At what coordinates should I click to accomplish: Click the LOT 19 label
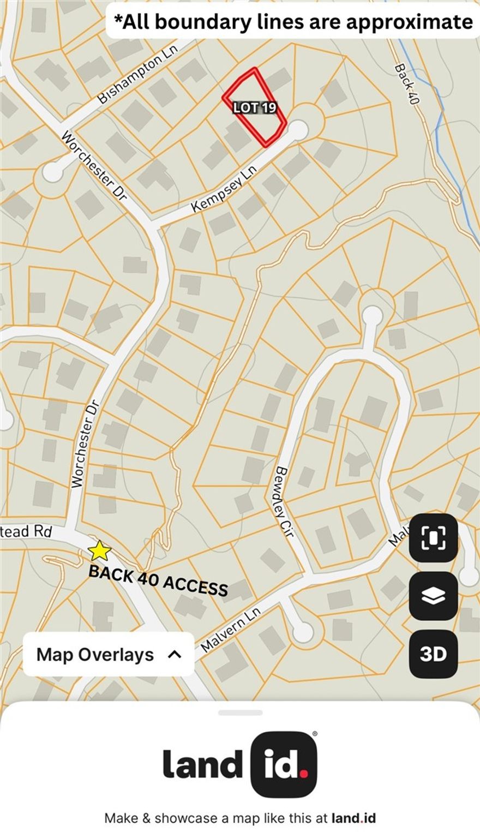click(x=255, y=108)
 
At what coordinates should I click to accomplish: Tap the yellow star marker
click(x=99, y=551)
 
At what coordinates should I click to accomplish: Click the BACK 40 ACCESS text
click(x=158, y=580)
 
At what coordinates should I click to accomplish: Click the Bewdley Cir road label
click(x=285, y=501)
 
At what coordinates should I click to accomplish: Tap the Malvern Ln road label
click(x=231, y=630)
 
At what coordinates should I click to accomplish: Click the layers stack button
click(x=433, y=596)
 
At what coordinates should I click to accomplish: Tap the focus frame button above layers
click(x=433, y=537)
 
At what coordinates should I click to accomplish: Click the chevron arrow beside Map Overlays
click(x=175, y=654)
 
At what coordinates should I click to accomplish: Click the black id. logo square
click(x=284, y=764)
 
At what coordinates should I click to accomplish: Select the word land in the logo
click(x=202, y=764)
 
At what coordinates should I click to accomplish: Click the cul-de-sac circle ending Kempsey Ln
click(x=298, y=130)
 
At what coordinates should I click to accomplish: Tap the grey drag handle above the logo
click(x=240, y=713)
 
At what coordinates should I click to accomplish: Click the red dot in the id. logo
click(x=303, y=774)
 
